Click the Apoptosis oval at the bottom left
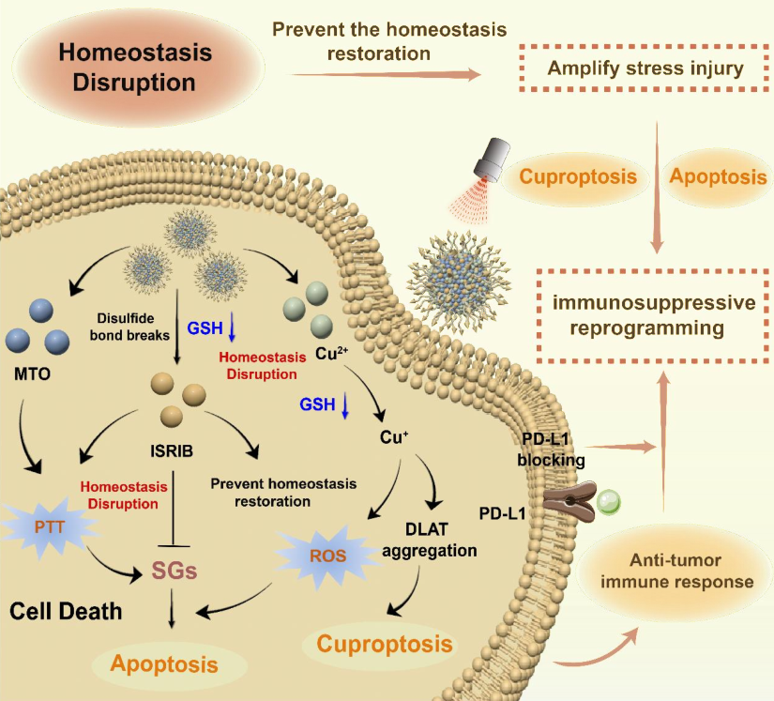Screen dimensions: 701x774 point(166,663)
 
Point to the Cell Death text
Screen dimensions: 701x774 point(66,613)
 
